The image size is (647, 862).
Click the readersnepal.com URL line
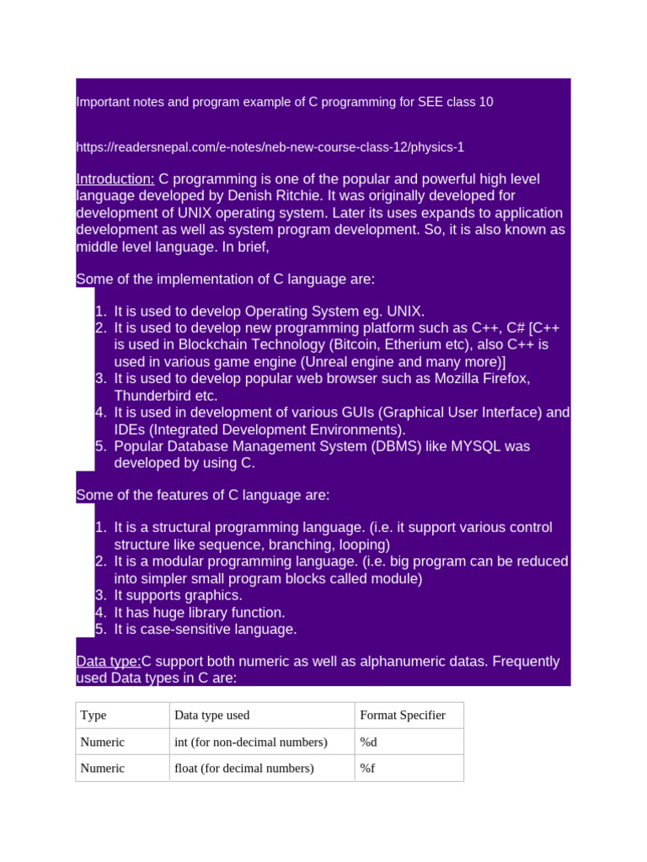click(x=270, y=147)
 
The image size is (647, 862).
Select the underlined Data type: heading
click(x=108, y=662)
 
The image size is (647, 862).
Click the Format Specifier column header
click(x=403, y=716)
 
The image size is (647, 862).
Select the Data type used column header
click(x=211, y=716)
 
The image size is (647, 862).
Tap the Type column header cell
click(x=94, y=716)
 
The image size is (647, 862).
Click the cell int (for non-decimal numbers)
click(x=250, y=742)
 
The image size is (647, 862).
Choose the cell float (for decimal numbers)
click(x=243, y=769)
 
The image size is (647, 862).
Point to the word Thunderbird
click(x=152, y=396)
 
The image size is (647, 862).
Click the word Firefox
click(x=504, y=379)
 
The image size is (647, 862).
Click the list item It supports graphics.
click(x=178, y=596)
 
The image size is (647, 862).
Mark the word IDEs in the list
click(x=130, y=429)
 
